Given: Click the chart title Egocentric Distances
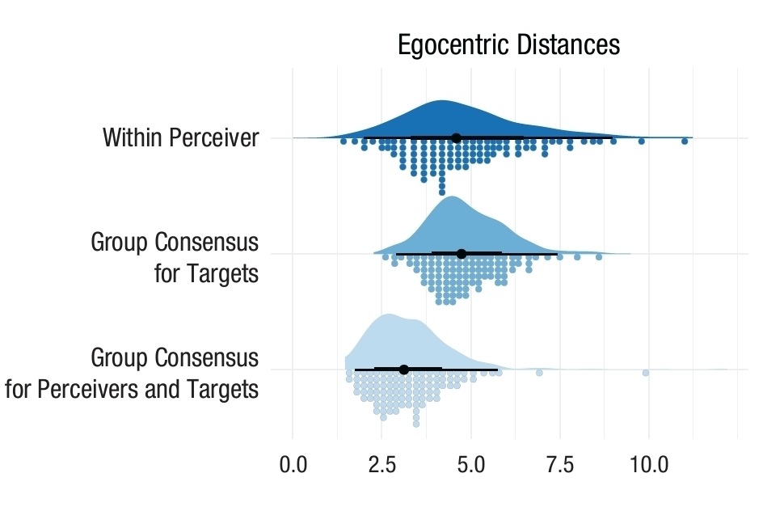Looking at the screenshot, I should click(508, 44).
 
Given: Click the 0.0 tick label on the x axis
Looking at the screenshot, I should click(293, 467).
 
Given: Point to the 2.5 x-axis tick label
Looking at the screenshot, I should click(382, 467).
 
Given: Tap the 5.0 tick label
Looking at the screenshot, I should click(471, 467).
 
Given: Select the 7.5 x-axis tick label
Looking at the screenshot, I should click(560, 467).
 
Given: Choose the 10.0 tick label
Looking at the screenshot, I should click(649, 467).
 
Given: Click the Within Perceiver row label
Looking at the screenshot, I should click(180, 138).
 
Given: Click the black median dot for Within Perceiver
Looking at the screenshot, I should click(456, 138).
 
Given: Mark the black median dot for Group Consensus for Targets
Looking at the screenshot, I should click(462, 254).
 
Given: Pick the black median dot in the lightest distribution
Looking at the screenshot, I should click(404, 370).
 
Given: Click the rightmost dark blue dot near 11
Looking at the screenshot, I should click(685, 142).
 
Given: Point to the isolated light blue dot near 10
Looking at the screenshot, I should click(646, 373).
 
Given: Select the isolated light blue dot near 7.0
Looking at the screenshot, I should click(539, 373).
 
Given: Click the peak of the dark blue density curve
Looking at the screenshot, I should click(441, 102).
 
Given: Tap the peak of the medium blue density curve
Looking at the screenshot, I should click(451, 197).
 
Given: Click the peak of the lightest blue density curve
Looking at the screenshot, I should click(389, 315).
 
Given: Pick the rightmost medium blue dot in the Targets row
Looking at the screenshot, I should click(599, 257).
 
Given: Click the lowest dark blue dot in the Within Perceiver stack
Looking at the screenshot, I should click(441, 192).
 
